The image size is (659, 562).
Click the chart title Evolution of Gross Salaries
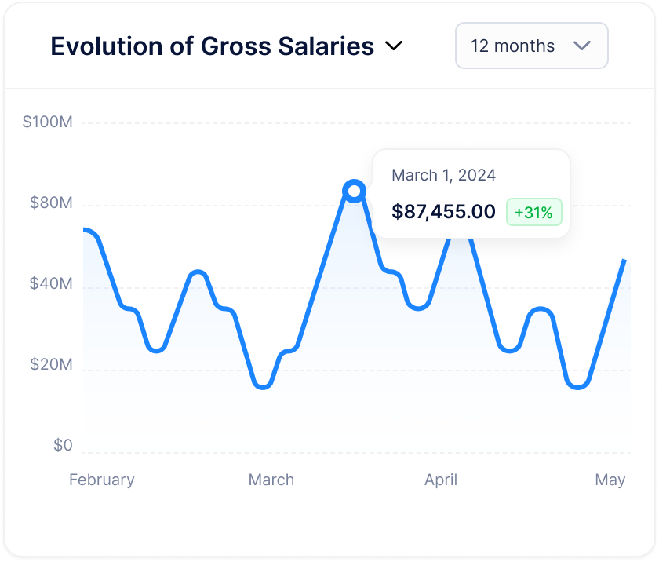point(212,46)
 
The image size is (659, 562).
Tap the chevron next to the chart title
point(394,46)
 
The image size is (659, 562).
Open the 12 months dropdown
point(531,46)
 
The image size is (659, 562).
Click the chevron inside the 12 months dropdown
point(582,46)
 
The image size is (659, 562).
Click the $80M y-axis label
point(50,203)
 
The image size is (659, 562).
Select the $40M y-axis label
point(50,284)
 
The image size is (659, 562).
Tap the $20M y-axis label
point(50,365)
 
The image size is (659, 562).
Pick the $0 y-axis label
point(63,446)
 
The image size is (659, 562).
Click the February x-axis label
point(102,480)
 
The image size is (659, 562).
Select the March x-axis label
point(271,480)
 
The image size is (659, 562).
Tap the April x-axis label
point(441,480)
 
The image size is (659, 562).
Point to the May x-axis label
point(610,480)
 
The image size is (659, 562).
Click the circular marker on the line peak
point(355,191)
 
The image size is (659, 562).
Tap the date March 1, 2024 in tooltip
point(443,175)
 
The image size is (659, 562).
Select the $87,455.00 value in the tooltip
point(443,212)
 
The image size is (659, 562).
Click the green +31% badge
point(533,212)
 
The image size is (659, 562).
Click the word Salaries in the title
point(326,46)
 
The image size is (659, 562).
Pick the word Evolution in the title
point(105,46)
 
